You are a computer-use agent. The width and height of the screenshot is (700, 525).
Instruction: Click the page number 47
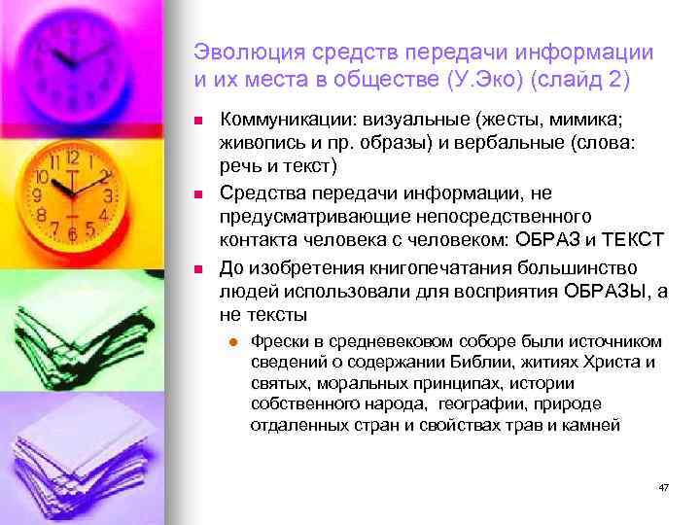pyautogui.click(x=663, y=486)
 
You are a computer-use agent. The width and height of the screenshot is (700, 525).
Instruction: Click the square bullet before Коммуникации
pyautogui.click(x=198, y=121)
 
